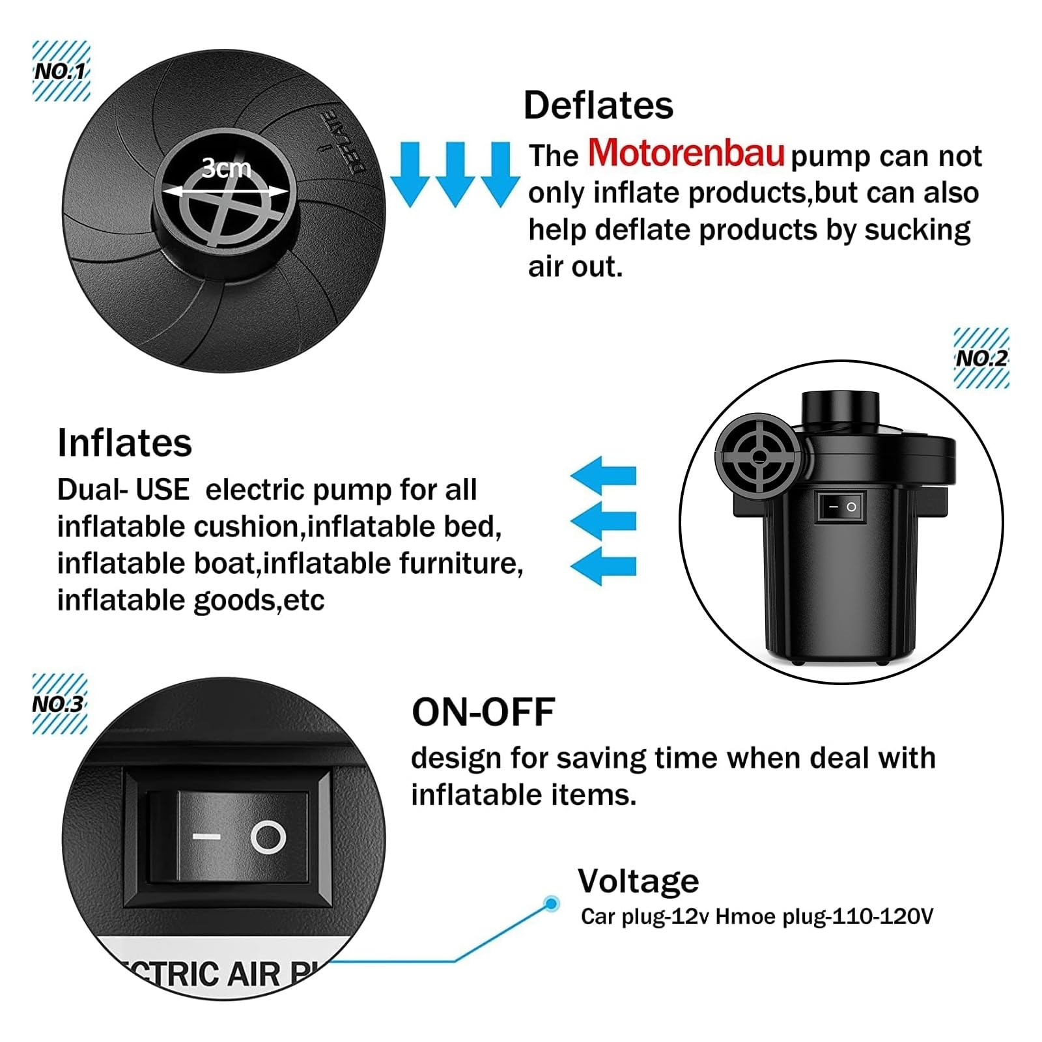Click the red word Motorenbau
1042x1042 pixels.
pyautogui.click(x=686, y=153)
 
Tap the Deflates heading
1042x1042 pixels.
pyautogui.click(x=598, y=106)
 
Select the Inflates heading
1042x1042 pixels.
pyautogui.click(x=124, y=443)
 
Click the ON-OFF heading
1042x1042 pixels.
pyautogui.click(x=483, y=712)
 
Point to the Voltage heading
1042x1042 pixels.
pyautogui.click(x=638, y=882)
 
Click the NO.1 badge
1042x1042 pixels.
pyautogui.click(x=61, y=71)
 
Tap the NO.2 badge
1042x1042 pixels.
pyautogui.click(x=981, y=358)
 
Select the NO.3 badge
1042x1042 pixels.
pyautogui.click(x=59, y=704)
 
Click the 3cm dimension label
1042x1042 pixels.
pyautogui.click(x=226, y=168)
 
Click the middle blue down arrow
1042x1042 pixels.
pyautogui.click(x=455, y=175)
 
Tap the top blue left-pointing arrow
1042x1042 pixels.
pyautogui.click(x=603, y=476)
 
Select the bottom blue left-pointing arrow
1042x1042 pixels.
pyautogui.click(x=603, y=566)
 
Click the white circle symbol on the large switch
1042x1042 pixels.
pyautogui.click(x=268, y=837)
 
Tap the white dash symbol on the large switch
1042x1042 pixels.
pyautogui.click(x=206, y=837)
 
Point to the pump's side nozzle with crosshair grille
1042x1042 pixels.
pyautogui.click(x=759, y=456)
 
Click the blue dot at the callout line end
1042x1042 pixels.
pyautogui.click(x=552, y=904)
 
